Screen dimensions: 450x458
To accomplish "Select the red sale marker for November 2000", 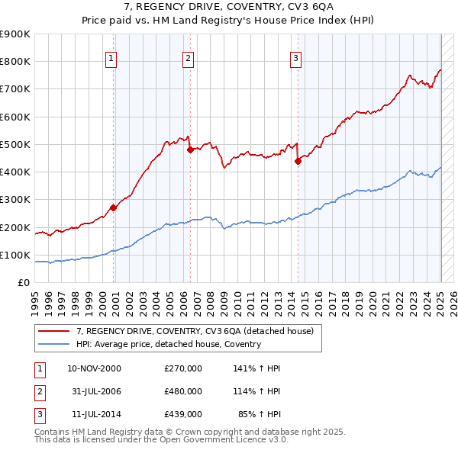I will click(113, 207).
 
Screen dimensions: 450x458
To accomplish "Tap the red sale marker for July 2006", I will click(190, 149).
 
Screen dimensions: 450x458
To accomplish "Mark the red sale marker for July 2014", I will click(298, 161).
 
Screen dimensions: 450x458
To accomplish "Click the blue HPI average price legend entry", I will click(168, 344).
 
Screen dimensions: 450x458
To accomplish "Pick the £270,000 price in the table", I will click(183, 368).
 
